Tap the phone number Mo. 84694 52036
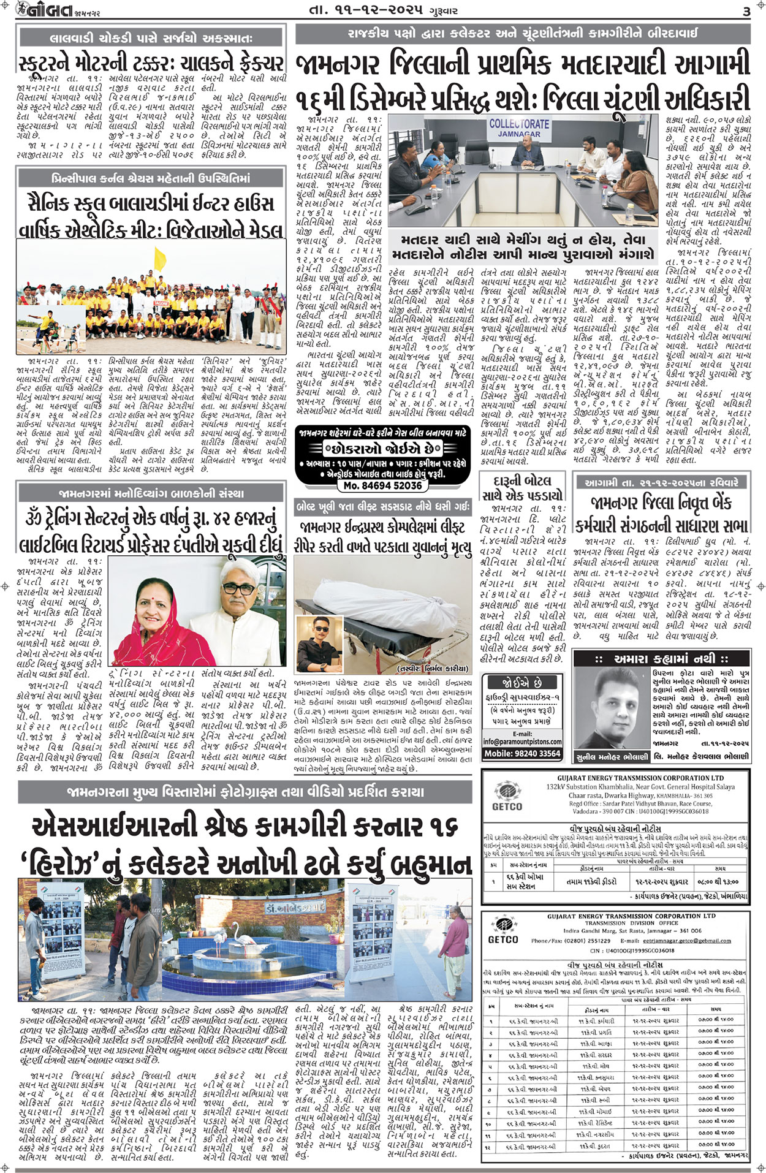pyautogui.click(x=382, y=485)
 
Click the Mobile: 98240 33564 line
pyautogui.click(x=522, y=754)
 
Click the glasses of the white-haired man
pyautogui.click(x=238, y=588)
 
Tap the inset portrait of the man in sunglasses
pyautogui.click(x=319, y=636)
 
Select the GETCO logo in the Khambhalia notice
pyautogui.click(x=507, y=799)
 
